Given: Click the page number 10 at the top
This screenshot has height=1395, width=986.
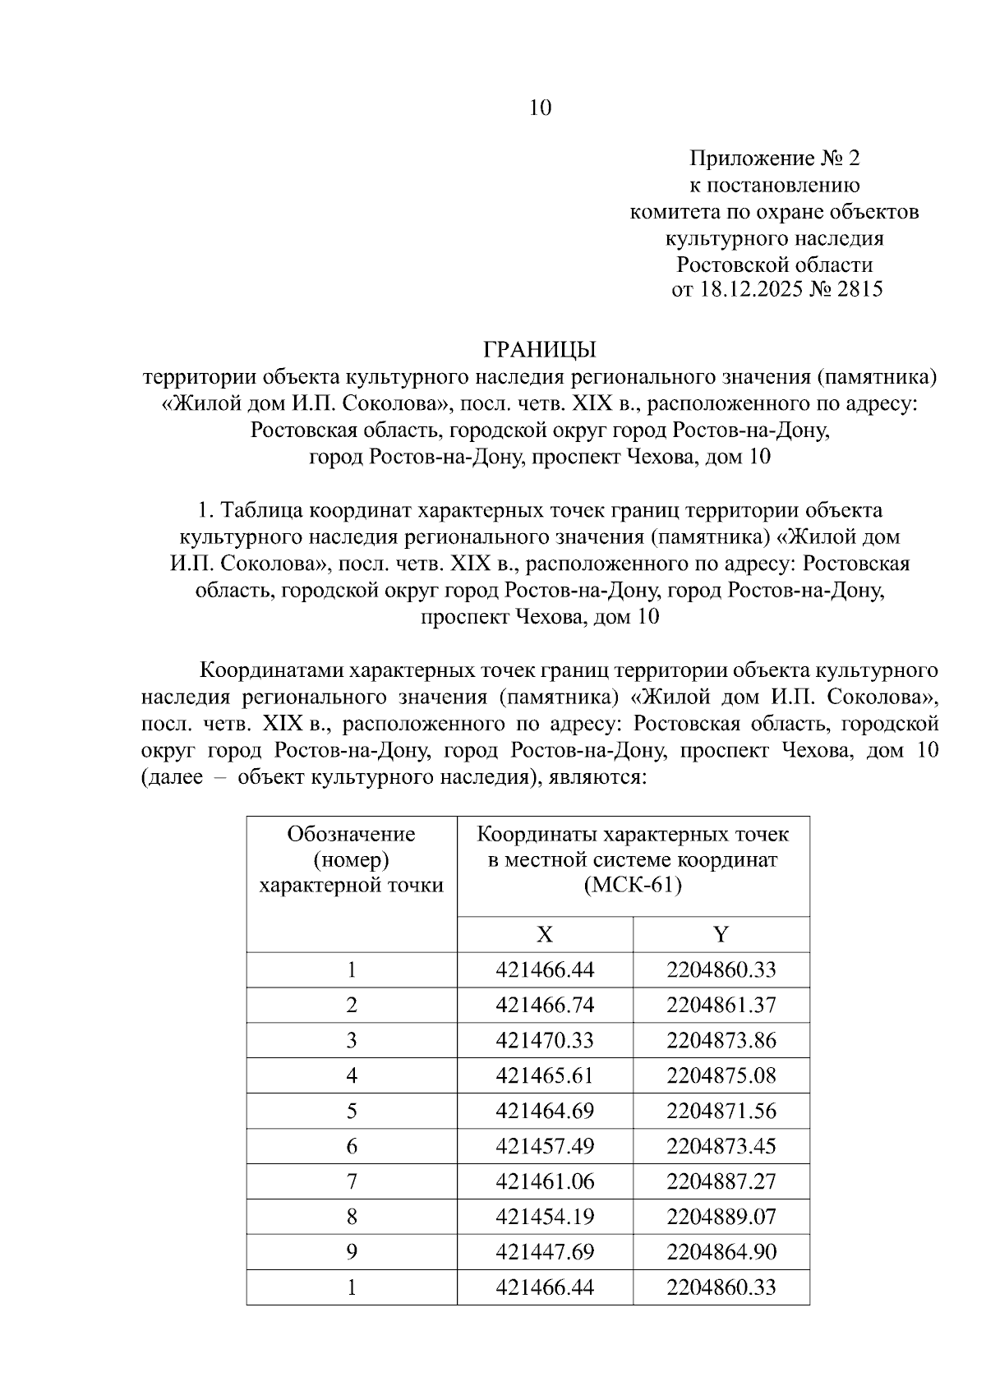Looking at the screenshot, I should coord(540,108).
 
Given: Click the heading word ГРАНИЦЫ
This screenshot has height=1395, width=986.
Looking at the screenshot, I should coord(539,350).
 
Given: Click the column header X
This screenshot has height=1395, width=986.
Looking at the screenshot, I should coord(544,934).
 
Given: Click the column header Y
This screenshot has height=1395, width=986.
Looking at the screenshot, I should coord(721,934).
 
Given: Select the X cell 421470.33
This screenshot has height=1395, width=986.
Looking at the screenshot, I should coord(544,1040).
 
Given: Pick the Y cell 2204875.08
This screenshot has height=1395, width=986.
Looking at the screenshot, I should coord(721,1075).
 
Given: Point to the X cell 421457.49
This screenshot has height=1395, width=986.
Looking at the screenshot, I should coord(544,1146).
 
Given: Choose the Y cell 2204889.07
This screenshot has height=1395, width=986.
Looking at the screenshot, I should coord(721,1217).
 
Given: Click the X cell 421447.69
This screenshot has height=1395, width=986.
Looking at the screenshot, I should coord(544,1252).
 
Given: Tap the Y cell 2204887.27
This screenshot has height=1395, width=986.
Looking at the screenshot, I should coord(721,1181).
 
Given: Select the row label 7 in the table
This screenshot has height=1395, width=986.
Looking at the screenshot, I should coord(352,1181).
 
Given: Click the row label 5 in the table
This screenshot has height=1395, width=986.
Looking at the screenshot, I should coord(352,1111).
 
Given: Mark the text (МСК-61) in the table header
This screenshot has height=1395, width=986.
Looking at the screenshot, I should coord(633,886).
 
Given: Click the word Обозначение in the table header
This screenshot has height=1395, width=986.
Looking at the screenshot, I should coord(351,834).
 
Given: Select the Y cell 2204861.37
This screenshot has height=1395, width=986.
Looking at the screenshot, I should coord(721,1005).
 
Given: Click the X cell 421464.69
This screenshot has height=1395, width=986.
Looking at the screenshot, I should coord(544,1111).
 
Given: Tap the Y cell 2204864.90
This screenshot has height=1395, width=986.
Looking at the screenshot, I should coord(721,1252).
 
